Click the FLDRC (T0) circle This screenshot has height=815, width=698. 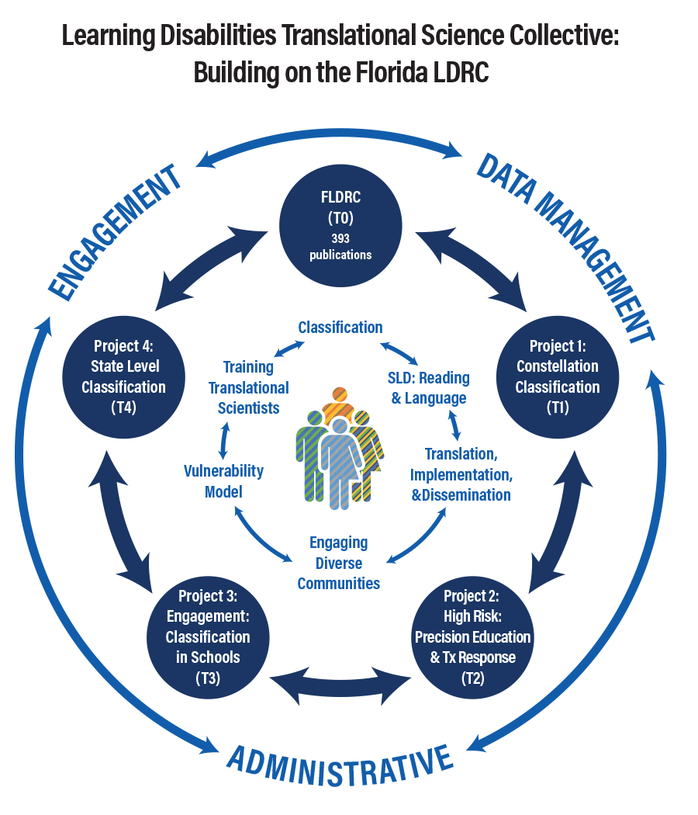click(x=340, y=225)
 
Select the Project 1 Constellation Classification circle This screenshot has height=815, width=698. click(x=558, y=376)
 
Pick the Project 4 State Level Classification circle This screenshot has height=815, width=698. click(x=123, y=376)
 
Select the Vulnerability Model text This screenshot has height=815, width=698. click(x=223, y=481)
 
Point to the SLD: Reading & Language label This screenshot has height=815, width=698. click(x=428, y=388)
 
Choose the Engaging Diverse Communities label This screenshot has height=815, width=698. click(x=339, y=563)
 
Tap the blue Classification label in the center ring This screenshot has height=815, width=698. click(x=340, y=328)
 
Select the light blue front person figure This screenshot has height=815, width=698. click(x=339, y=466)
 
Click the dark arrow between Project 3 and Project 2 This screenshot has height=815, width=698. click(x=340, y=683)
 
